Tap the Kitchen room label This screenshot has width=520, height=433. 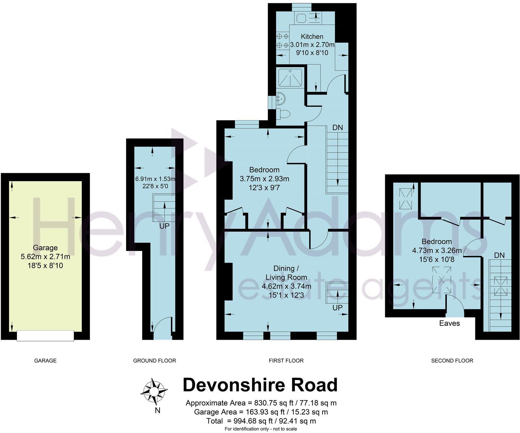[312, 36]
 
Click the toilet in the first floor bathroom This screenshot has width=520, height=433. [284, 114]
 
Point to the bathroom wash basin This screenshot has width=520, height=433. [280, 98]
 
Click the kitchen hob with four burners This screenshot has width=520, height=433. [282, 40]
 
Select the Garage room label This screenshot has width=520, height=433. [45, 248]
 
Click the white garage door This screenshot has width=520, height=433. [46, 335]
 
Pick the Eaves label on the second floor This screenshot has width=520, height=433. [449, 323]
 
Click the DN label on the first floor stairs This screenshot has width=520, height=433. [337, 128]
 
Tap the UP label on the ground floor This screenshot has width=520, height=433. [164, 226]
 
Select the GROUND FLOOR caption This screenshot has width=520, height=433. [155, 360]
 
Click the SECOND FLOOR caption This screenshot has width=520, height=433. [452, 360]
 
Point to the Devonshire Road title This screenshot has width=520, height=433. [260, 385]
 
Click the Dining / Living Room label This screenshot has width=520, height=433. [286, 273]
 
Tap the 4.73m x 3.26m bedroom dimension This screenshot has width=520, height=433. [437, 250]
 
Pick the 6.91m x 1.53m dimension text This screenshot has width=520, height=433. [155, 179]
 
